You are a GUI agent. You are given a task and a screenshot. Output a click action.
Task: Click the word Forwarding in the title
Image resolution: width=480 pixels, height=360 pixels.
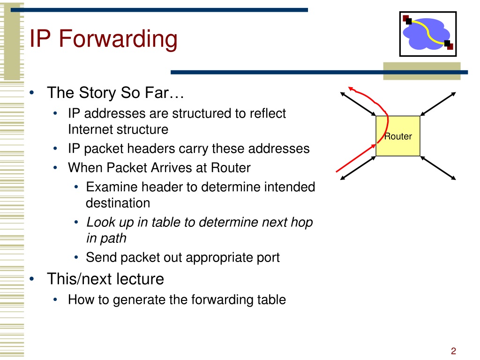click(118, 39)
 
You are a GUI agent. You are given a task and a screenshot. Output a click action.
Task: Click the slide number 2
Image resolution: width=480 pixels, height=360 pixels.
click(453, 351)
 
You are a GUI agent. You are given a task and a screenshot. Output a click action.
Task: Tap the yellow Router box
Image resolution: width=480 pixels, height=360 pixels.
click(398, 136)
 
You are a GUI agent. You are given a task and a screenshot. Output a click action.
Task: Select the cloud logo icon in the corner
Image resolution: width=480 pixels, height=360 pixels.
click(428, 34)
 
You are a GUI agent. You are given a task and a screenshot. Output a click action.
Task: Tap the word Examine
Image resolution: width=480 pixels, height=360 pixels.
click(110, 187)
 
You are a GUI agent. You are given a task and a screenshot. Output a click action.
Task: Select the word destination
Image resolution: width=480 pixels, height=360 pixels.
click(118, 203)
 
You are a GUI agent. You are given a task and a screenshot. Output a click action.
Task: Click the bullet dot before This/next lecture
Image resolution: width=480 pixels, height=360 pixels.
click(32, 278)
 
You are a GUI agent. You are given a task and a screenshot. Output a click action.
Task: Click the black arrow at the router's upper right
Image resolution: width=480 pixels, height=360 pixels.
click(438, 104)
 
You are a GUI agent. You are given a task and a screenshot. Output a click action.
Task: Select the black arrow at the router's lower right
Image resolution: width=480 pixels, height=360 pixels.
click(438, 168)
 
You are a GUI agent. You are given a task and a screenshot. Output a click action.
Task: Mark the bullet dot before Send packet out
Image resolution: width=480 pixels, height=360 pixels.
click(76, 257)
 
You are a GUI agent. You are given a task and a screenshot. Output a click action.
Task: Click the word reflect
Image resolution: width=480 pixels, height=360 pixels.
click(268, 113)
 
